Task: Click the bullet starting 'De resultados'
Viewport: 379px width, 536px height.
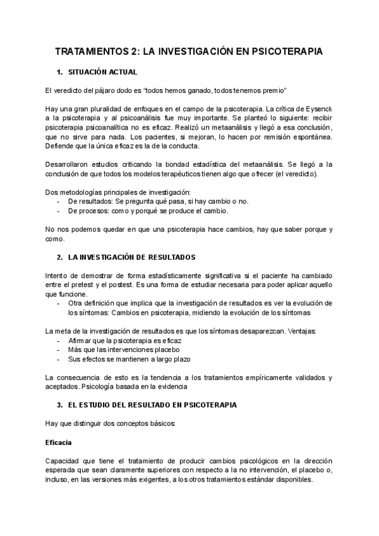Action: (x=158, y=201)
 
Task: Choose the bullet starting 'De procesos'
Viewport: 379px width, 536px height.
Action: (x=148, y=210)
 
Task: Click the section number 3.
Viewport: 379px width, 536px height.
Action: (x=59, y=405)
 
